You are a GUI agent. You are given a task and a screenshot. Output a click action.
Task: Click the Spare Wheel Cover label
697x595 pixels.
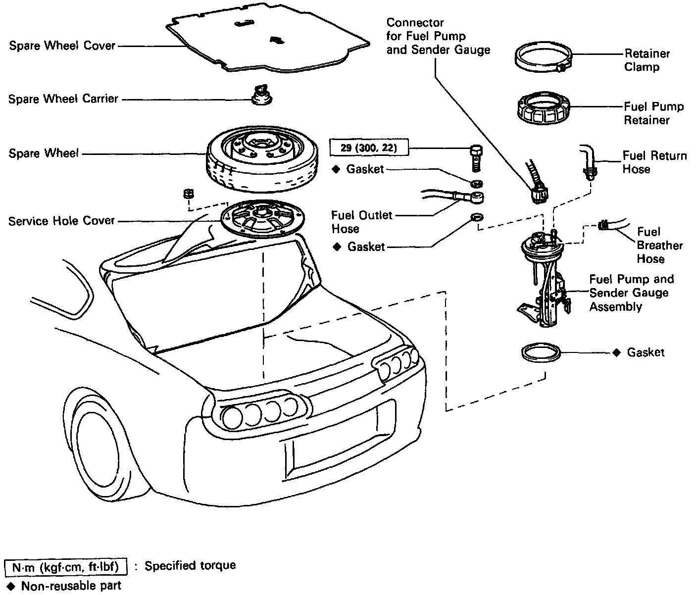pos(62,46)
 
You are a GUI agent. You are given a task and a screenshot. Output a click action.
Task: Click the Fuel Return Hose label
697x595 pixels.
pos(654,162)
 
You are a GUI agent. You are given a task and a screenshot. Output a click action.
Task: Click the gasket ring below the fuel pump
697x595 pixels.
pos(541,353)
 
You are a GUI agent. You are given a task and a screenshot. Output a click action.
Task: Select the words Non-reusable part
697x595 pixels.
pos(71,586)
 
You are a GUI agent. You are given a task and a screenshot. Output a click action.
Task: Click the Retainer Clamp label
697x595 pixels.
pos(647,60)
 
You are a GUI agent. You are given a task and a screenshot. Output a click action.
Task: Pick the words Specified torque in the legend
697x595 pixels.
pos(190,565)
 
